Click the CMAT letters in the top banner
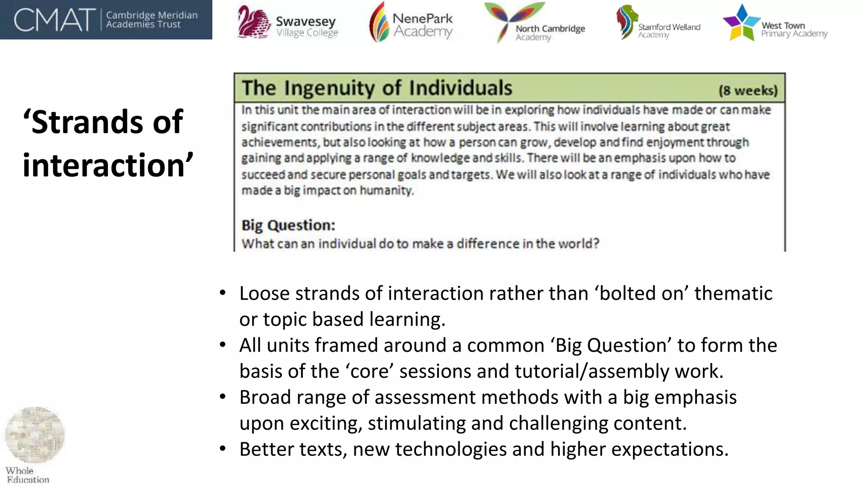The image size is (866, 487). click(x=54, y=20)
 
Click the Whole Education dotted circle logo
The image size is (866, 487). click(x=35, y=435)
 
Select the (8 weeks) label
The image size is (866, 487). click(x=748, y=90)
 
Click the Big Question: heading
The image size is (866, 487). click(x=288, y=225)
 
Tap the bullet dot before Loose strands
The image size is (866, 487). click(x=223, y=293)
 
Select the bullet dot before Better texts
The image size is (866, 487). click(x=223, y=449)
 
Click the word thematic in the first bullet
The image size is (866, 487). click(x=733, y=293)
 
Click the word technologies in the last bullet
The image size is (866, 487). click(x=451, y=449)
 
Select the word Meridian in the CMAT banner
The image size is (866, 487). click(x=178, y=15)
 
